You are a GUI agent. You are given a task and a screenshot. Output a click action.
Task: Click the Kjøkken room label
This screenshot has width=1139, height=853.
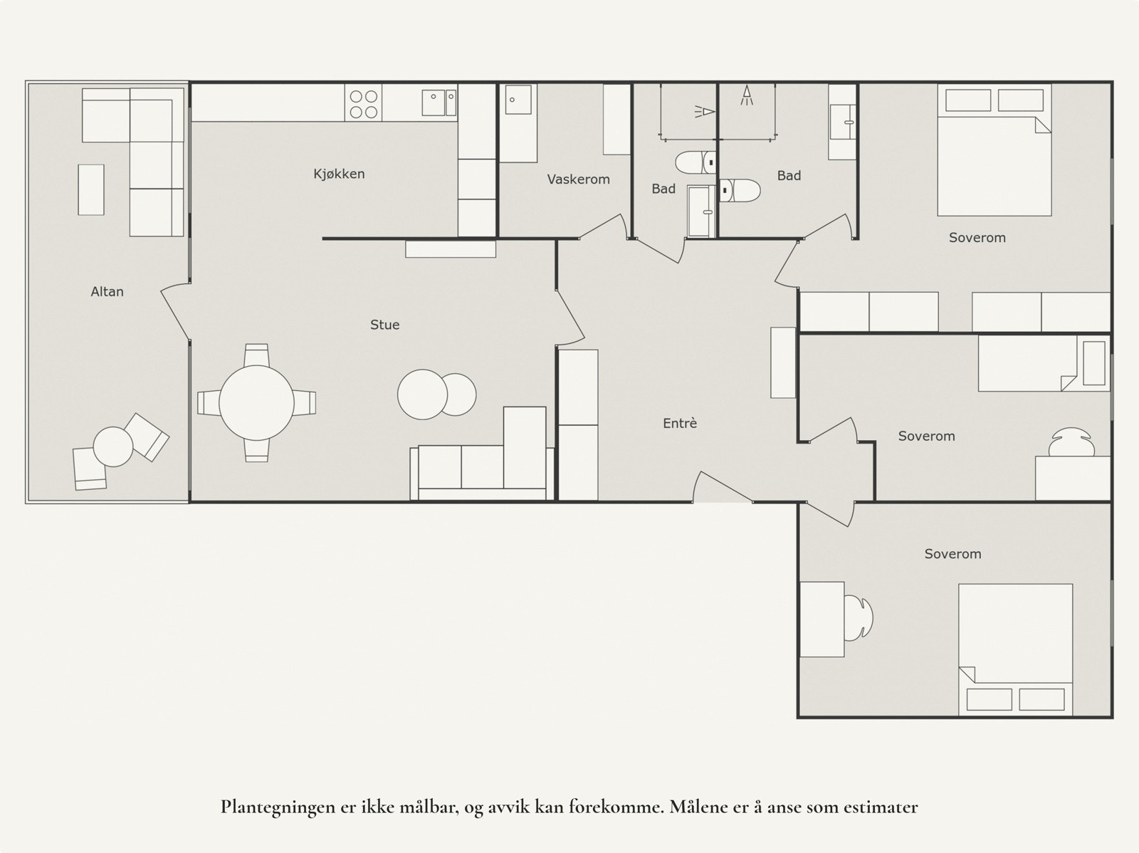pyautogui.click(x=339, y=174)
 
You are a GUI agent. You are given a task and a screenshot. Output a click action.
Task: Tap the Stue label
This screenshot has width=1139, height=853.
pyautogui.click(x=384, y=325)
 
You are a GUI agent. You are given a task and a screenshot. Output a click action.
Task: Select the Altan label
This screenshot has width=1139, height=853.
pyautogui.click(x=107, y=291)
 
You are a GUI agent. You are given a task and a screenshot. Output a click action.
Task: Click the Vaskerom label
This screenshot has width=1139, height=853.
pyautogui.click(x=578, y=179)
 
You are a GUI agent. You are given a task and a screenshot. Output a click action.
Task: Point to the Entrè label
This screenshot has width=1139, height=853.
pyautogui.click(x=679, y=424)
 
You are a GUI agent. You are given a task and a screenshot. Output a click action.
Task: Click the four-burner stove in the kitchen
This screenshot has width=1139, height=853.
pyautogui.click(x=364, y=103)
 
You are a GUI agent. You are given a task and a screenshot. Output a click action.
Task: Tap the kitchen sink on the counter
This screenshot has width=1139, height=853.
pyautogui.click(x=439, y=102)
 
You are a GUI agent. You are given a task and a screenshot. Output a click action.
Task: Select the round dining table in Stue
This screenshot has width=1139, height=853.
pyautogui.click(x=256, y=403)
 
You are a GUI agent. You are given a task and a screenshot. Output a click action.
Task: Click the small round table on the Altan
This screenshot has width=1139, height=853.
pyautogui.click(x=113, y=446)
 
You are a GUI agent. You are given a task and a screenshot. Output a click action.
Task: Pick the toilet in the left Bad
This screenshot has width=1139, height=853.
pyautogui.click(x=695, y=163)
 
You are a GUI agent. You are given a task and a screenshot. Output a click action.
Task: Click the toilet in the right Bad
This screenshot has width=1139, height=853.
pyautogui.click(x=740, y=190)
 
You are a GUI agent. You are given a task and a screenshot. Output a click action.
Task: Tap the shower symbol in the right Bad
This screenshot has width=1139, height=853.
pyautogui.click(x=746, y=96)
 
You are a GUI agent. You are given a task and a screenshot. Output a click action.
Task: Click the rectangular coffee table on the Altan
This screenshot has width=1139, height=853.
pyautogui.click(x=91, y=189)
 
